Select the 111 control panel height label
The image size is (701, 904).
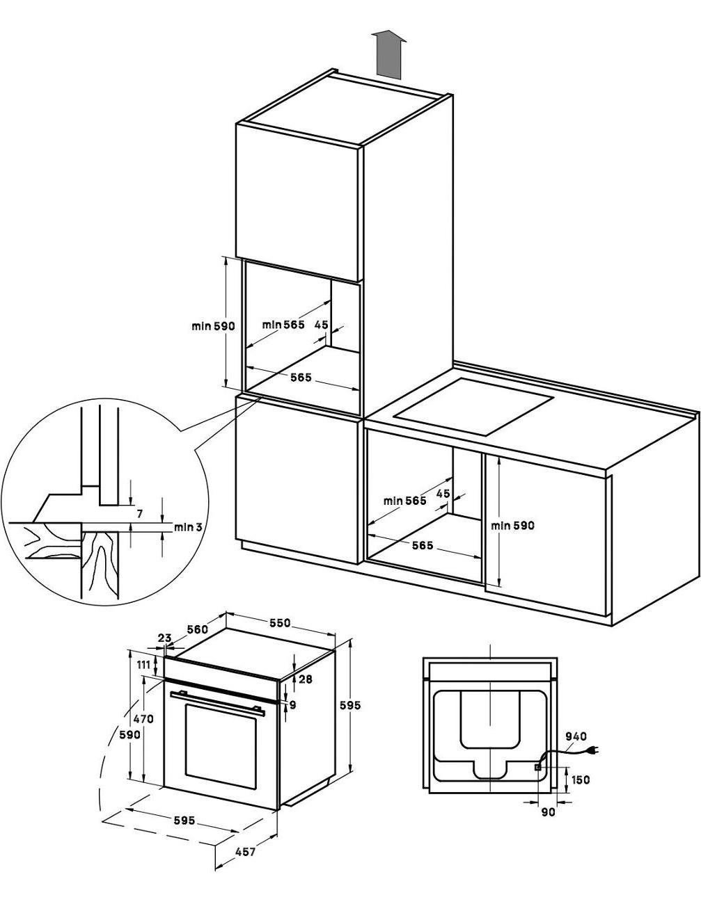pyautogui.click(x=143, y=665)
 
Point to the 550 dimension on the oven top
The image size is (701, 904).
pyautogui.click(x=280, y=623)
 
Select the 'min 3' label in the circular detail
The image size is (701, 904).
pyautogui.click(x=188, y=527)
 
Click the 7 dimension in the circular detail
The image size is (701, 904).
pyautogui.click(x=139, y=514)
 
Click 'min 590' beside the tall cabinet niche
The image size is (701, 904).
pyautogui.click(x=213, y=326)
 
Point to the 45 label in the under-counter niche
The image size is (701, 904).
pyautogui.click(x=443, y=494)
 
